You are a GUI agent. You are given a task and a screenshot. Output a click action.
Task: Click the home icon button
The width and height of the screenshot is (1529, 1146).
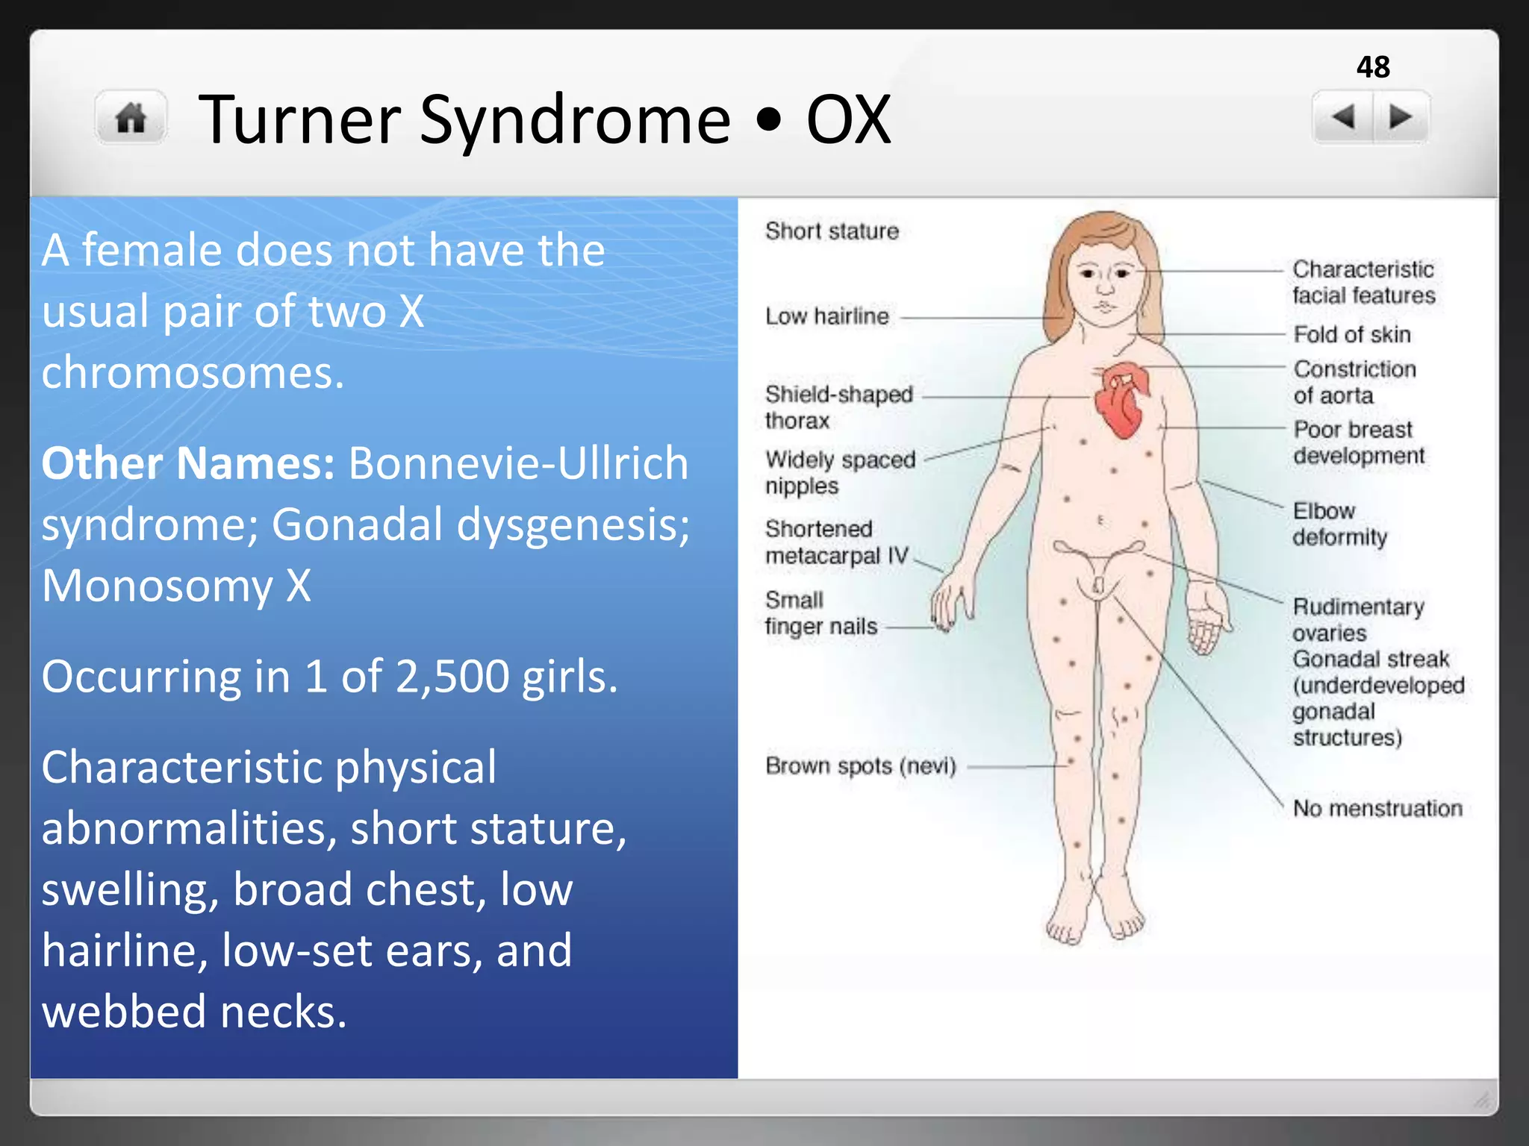[131, 118]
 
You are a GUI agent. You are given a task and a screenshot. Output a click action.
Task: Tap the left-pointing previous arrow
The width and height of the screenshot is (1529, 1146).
[1343, 117]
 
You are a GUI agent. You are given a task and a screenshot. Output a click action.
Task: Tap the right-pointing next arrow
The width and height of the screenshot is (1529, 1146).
[1400, 117]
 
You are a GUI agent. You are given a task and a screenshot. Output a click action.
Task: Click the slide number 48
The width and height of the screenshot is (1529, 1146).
[1373, 67]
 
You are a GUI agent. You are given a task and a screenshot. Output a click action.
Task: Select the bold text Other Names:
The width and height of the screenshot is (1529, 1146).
[187, 463]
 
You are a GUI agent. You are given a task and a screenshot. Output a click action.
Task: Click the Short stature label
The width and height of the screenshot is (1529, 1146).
[832, 231]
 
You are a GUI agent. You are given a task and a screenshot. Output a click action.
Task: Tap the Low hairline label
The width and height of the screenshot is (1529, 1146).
[827, 316]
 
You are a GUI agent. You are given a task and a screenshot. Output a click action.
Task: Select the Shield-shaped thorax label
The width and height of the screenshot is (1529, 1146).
[838, 407]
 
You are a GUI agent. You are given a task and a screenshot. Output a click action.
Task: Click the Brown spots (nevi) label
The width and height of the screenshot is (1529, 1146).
[860, 766]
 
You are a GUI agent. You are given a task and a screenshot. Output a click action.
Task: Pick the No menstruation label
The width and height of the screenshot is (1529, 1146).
[1377, 808]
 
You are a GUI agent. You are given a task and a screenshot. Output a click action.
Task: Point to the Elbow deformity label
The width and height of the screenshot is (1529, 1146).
[1339, 524]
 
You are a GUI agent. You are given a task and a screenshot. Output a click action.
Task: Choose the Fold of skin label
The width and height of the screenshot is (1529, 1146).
[1351, 334]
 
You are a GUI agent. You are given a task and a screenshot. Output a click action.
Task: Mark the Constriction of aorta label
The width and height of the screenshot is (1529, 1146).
[1354, 382]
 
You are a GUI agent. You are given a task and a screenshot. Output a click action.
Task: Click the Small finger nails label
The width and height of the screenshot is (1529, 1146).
[820, 613]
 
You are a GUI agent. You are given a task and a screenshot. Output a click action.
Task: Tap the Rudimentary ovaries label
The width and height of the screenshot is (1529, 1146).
[1357, 619]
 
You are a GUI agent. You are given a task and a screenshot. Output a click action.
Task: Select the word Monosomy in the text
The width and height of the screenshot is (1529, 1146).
[158, 586]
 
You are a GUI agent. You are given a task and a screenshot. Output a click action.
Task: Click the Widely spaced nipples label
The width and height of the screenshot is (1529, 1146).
[839, 472]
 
